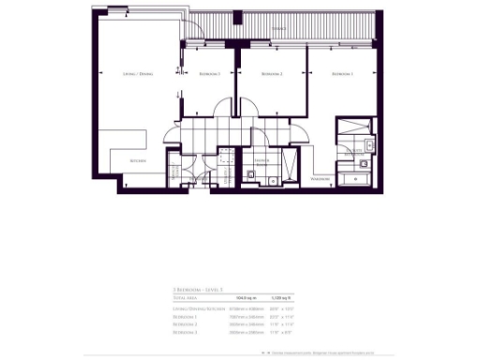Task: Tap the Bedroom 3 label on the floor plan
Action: [x=207, y=73]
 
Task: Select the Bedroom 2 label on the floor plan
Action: [x=272, y=73]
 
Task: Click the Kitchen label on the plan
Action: [x=138, y=160]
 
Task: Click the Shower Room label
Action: [x=259, y=160]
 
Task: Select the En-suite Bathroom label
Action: [x=355, y=156]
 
